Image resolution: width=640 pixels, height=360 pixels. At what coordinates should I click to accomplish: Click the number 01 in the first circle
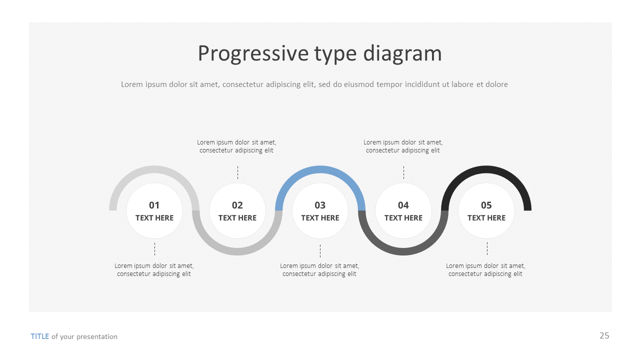tap(154, 205)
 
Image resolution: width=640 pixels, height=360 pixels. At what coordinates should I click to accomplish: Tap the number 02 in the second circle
tap(237, 205)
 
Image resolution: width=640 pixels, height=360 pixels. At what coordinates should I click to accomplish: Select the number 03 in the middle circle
tap(320, 205)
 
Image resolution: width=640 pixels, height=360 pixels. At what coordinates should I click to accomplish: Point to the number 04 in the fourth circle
tap(403, 205)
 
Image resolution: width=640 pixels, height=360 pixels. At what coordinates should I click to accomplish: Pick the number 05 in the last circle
tap(486, 205)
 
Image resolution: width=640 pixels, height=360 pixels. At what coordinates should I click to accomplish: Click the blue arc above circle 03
tap(320, 169)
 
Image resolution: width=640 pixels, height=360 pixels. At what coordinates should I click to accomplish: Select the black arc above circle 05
tap(486, 169)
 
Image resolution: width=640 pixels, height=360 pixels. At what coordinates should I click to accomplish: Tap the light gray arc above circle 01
tap(154, 169)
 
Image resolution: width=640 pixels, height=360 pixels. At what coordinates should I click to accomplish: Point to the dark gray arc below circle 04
tap(403, 251)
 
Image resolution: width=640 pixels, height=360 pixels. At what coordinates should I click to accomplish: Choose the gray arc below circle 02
tap(237, 251)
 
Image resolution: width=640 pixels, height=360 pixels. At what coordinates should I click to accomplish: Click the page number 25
tap(604, 335)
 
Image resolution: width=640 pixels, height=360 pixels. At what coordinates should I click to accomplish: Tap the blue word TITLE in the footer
tap(40, 336)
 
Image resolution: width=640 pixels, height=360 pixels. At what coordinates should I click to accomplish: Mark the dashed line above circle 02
tap(237, 172)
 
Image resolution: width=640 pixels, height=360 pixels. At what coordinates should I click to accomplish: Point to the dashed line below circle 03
tap(320, 251)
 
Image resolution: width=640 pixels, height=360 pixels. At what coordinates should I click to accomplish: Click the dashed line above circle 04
tap(403, 172)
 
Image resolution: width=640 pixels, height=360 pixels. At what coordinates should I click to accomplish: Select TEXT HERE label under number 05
tap(486, 218)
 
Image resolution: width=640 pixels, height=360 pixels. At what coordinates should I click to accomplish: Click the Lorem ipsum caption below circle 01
tap(154, 270)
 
